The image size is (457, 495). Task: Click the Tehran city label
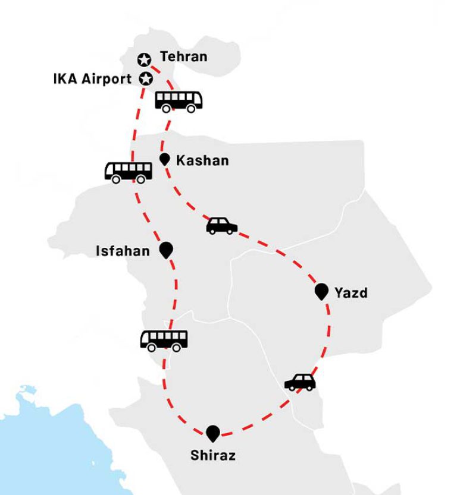coord(183,57)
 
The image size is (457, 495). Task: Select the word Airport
coord(108,79)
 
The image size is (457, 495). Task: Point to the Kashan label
coord(202,160)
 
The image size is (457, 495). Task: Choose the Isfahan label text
coord(123,251)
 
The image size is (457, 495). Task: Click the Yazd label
coord(350,292)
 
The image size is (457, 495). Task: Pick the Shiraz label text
coord(212,456)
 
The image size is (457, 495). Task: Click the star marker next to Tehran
coord(144,59)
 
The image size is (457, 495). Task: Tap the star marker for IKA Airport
coord(145,78)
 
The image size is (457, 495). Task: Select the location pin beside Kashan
coord(165,159)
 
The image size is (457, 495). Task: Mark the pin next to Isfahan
coord(166,250)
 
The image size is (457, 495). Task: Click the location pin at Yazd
coord(321,291)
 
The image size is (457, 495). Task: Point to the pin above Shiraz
coord(212,433)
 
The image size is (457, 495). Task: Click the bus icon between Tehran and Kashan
coord(179,102)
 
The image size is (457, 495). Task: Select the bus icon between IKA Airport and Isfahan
coord(128,172)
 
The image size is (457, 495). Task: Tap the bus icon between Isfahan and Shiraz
coord(164,340)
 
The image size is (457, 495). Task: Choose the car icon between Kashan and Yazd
coord(221,226)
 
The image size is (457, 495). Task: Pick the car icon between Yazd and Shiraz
coord(300,382)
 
